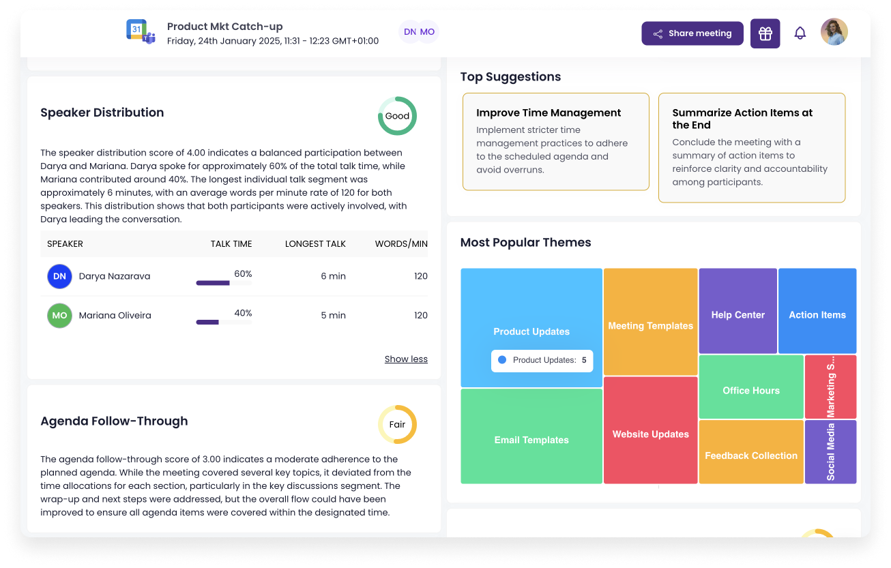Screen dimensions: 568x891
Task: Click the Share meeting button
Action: click(x=692, y=33)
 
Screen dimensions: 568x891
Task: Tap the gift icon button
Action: click(x=765, y=33)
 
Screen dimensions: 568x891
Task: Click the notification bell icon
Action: click(x=800, y=33)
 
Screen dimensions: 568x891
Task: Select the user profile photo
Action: click(x=834, y=32)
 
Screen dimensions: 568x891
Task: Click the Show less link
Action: click(x=406, y=359)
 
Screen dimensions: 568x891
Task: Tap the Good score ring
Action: click(x=397, y=116)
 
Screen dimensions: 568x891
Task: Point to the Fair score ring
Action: click(x=397, y=424)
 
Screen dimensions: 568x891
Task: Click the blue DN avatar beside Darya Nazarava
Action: click(x=59, y=276)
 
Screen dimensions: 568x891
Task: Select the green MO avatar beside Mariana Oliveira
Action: click(x=59, y=316)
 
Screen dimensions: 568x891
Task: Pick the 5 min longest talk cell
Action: click(x=334, y=316)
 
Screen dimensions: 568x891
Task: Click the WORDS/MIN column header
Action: click(x=401, y=244)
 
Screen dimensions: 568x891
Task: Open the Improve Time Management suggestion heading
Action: click(x=549, y=113)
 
